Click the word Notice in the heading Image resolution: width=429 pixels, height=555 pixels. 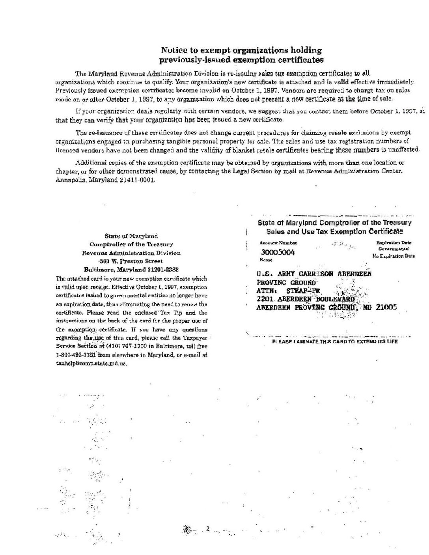pos(173,50)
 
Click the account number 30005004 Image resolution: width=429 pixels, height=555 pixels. pos(277,252)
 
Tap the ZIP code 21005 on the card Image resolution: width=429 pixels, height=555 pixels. pos(386,307)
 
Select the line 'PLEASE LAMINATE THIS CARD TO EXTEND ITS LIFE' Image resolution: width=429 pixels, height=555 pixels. pos(335,342)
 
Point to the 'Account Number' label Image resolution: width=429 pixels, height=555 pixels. pos(278,243)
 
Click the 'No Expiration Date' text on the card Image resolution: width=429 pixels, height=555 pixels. pos(394,256)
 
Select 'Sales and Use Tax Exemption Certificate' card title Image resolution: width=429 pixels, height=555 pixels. pos(334,231)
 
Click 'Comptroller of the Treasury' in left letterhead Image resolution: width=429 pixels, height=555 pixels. pos(131,244)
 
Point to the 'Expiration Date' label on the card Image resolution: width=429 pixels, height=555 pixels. pos(394,243)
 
